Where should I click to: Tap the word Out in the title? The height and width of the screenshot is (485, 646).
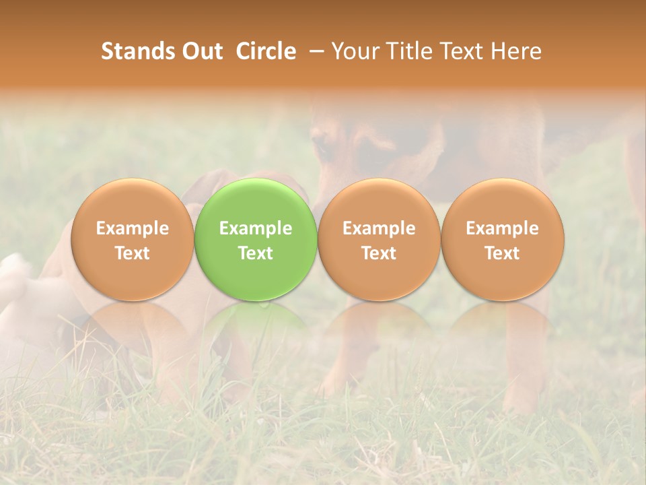[x=201, y=51]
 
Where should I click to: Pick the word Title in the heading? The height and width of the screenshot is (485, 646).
[x=411, y=51]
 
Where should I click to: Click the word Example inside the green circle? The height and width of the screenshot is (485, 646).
[x=256, y=228]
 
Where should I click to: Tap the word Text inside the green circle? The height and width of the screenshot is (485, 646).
[x=256, y=253]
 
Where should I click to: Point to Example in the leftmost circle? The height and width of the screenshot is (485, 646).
[x=132, y=228]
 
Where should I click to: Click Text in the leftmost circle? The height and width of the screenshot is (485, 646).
[x=132, y=253]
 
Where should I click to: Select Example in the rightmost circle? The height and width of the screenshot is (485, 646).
[x=502, y=228]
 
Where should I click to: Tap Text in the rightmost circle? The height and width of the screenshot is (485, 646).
[x=502, y=253]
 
